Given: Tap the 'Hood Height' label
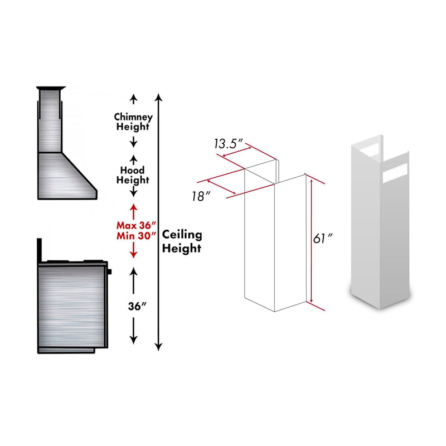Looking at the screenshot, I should [x=132, y=175].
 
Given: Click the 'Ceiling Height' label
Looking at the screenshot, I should [x=182, y=242].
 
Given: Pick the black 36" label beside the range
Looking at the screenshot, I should [x=133, y=306].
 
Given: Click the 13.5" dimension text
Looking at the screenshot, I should [x=228, y=144].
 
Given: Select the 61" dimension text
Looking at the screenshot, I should [x=323, y=239].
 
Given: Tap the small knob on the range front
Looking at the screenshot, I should [x=110, y=272].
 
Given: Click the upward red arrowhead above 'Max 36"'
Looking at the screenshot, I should [x=133, y=208].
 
